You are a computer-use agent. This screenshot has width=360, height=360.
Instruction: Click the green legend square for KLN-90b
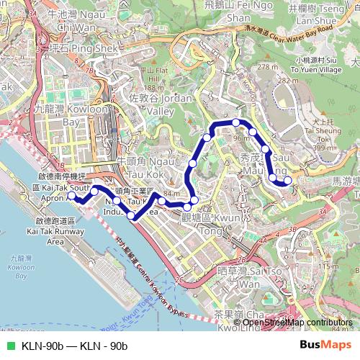10,346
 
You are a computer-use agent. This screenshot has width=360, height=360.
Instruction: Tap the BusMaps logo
325,346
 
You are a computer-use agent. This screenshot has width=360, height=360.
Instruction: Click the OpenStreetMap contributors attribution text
297,322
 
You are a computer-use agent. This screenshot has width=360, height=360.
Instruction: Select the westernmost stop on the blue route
71,195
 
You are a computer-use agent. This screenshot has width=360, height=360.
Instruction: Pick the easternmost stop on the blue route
288,181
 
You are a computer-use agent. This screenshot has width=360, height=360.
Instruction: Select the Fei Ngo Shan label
229,11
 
